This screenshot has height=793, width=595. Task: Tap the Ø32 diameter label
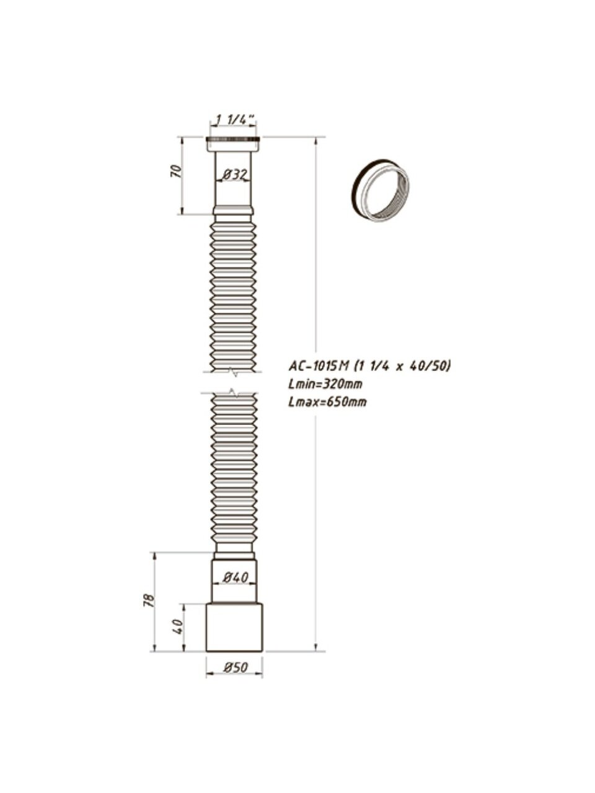pos(235,175)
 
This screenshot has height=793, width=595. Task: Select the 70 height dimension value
pos(175,171)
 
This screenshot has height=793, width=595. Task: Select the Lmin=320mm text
pos(325,384)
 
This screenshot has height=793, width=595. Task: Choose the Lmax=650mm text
pos(327,401)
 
